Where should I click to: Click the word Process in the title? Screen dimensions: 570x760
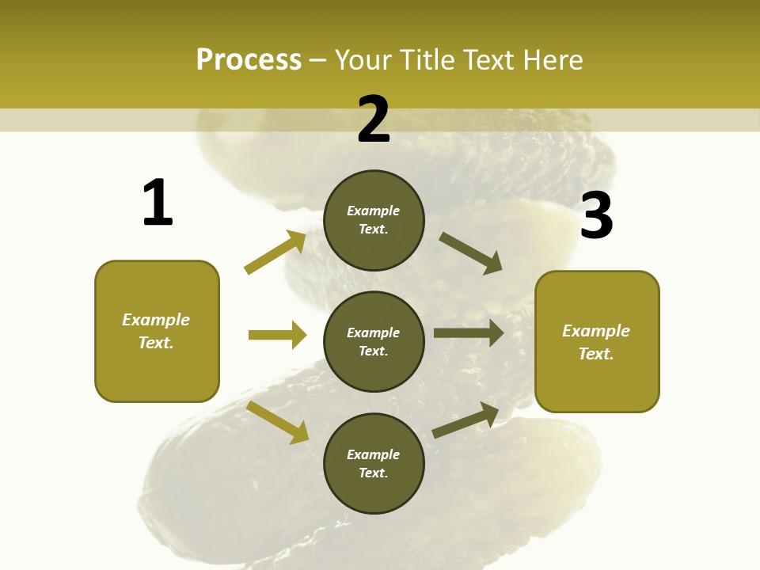pyautogui.click(x=249, y=59)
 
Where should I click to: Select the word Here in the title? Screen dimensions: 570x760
pyautogui.click(x=552, y=59)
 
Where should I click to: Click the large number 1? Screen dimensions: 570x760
pyautogui.click(x=158, y=203)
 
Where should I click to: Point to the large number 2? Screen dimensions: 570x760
pyautogui.click(x=374, y=120)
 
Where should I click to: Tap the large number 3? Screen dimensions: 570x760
pyautogui.click(x=597, y=216)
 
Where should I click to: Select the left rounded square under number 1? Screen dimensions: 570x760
pyautogui.click(x=157, y=331)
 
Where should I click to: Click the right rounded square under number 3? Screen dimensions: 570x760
pyautogui.click(x=597, y=342)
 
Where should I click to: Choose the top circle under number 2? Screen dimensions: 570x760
pyautogui.click(x=374, y=220)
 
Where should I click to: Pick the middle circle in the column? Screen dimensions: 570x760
pyautogui.click(x=374, y=341)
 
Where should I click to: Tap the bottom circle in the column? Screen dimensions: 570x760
pyautogui.click(x=374, y=463)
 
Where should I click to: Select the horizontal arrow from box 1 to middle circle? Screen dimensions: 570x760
pyautogui.click(x=277, y=335)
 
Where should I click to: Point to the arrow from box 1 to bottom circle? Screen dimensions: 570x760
pyautogui.click(x=278, y=422)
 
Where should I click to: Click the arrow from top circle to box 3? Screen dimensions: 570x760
pyautogui.click(x=471, y=253)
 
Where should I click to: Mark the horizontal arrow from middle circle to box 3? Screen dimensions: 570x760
pyautogui.click(x=468, y=333)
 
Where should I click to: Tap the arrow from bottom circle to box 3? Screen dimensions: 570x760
pyautogui.click(x=465, y=420)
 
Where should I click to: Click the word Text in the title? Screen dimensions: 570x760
pyautogui.click(x=488, y=59)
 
